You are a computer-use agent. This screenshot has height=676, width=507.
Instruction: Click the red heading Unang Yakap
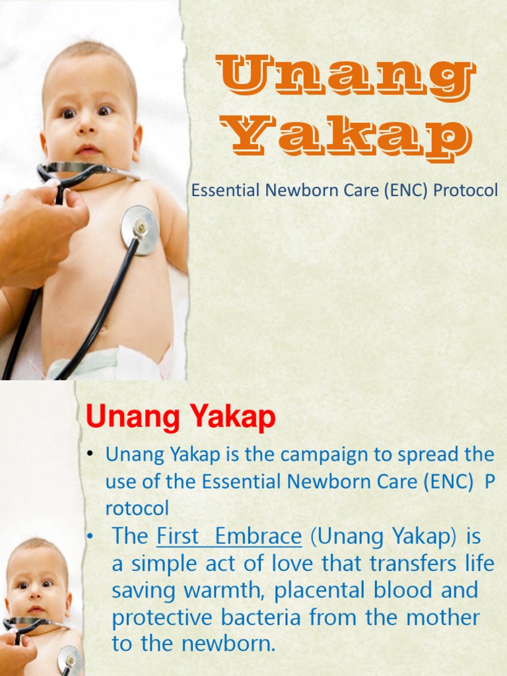[181, 419]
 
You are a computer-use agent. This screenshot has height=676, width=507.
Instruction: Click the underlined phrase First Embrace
[229, 536]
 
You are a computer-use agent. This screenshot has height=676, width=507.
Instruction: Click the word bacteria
[274, 617]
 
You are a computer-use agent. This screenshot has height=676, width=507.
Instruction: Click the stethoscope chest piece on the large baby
[139, 229]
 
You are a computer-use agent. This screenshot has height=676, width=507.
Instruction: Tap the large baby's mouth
[88, 150]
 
